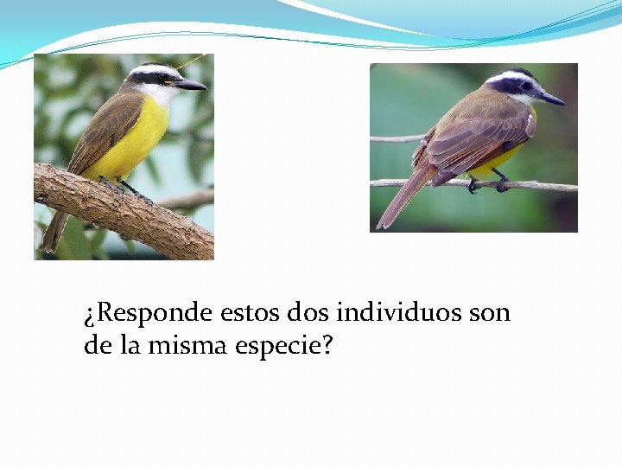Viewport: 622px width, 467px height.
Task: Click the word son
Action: click(x=490, y=312)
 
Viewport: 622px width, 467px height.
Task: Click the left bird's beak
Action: click(x=191, y=85)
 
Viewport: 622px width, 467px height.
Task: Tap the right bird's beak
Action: click(x=550, y=98)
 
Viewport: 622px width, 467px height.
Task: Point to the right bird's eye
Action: click(x=524, y=86)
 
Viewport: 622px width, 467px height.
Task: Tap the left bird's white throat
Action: click(x=160, y=93)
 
